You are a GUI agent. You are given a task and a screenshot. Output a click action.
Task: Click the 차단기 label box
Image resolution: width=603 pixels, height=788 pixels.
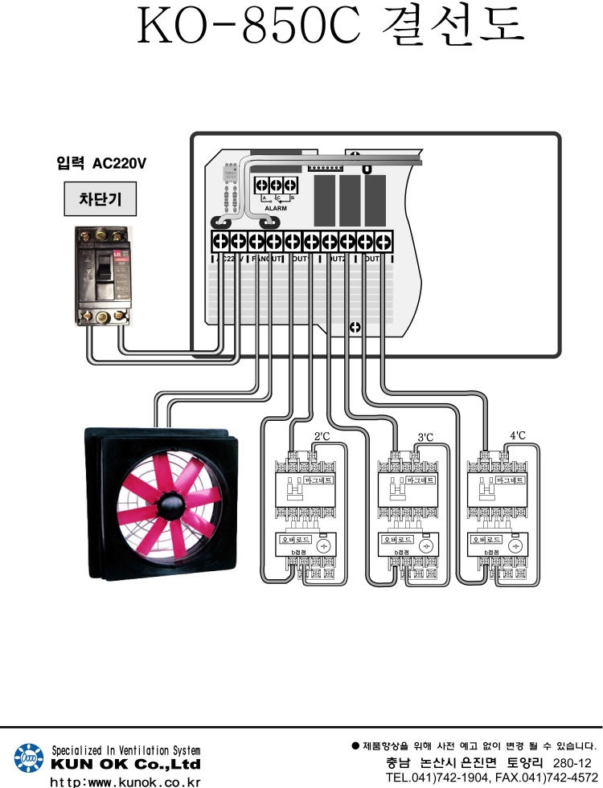(x=100, y=198)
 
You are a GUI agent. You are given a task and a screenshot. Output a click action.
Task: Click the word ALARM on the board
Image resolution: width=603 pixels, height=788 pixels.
(x=275, y=208)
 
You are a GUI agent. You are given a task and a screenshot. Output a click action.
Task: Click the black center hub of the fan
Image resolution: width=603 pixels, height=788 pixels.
(x=170, y=503)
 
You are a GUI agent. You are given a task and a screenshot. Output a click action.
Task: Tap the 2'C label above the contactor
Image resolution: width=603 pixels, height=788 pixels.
(x=322, y=437)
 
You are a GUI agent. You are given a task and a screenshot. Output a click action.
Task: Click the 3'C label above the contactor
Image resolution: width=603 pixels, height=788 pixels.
(x=425, y=437)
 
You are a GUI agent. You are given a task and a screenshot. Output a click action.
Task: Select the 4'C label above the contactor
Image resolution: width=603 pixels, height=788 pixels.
(x=518, y=436)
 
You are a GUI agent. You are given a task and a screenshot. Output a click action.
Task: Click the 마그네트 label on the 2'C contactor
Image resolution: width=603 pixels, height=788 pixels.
(x=321, y=480)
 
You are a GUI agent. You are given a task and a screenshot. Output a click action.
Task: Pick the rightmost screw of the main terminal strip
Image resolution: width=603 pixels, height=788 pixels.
(x=384, y=241)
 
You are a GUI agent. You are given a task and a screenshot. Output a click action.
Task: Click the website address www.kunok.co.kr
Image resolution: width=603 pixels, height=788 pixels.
(x=125, y=780)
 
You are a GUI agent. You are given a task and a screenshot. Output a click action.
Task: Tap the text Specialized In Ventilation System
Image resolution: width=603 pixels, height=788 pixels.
(x=126, y=749)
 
